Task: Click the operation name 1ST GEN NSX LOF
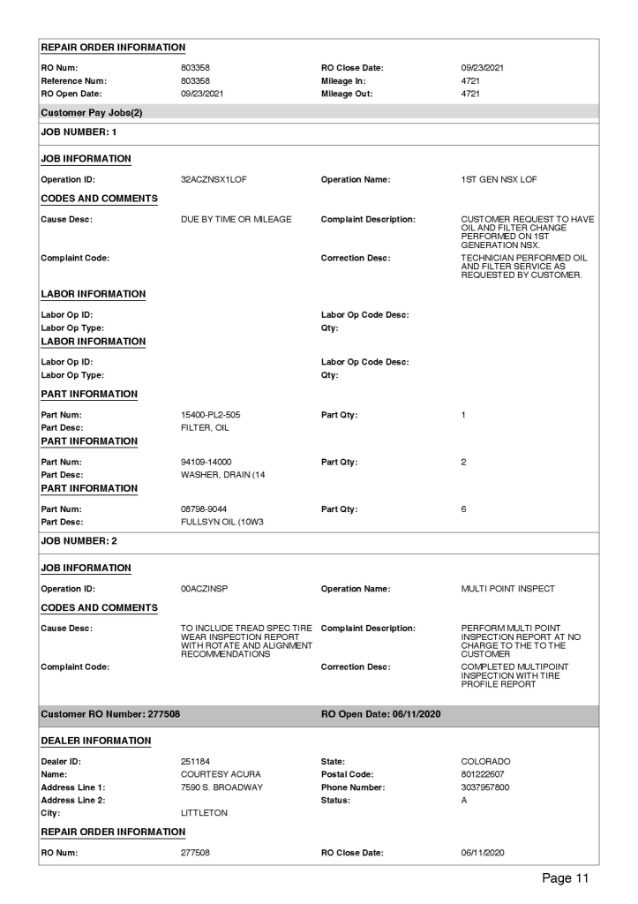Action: [x=499, y=179]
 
